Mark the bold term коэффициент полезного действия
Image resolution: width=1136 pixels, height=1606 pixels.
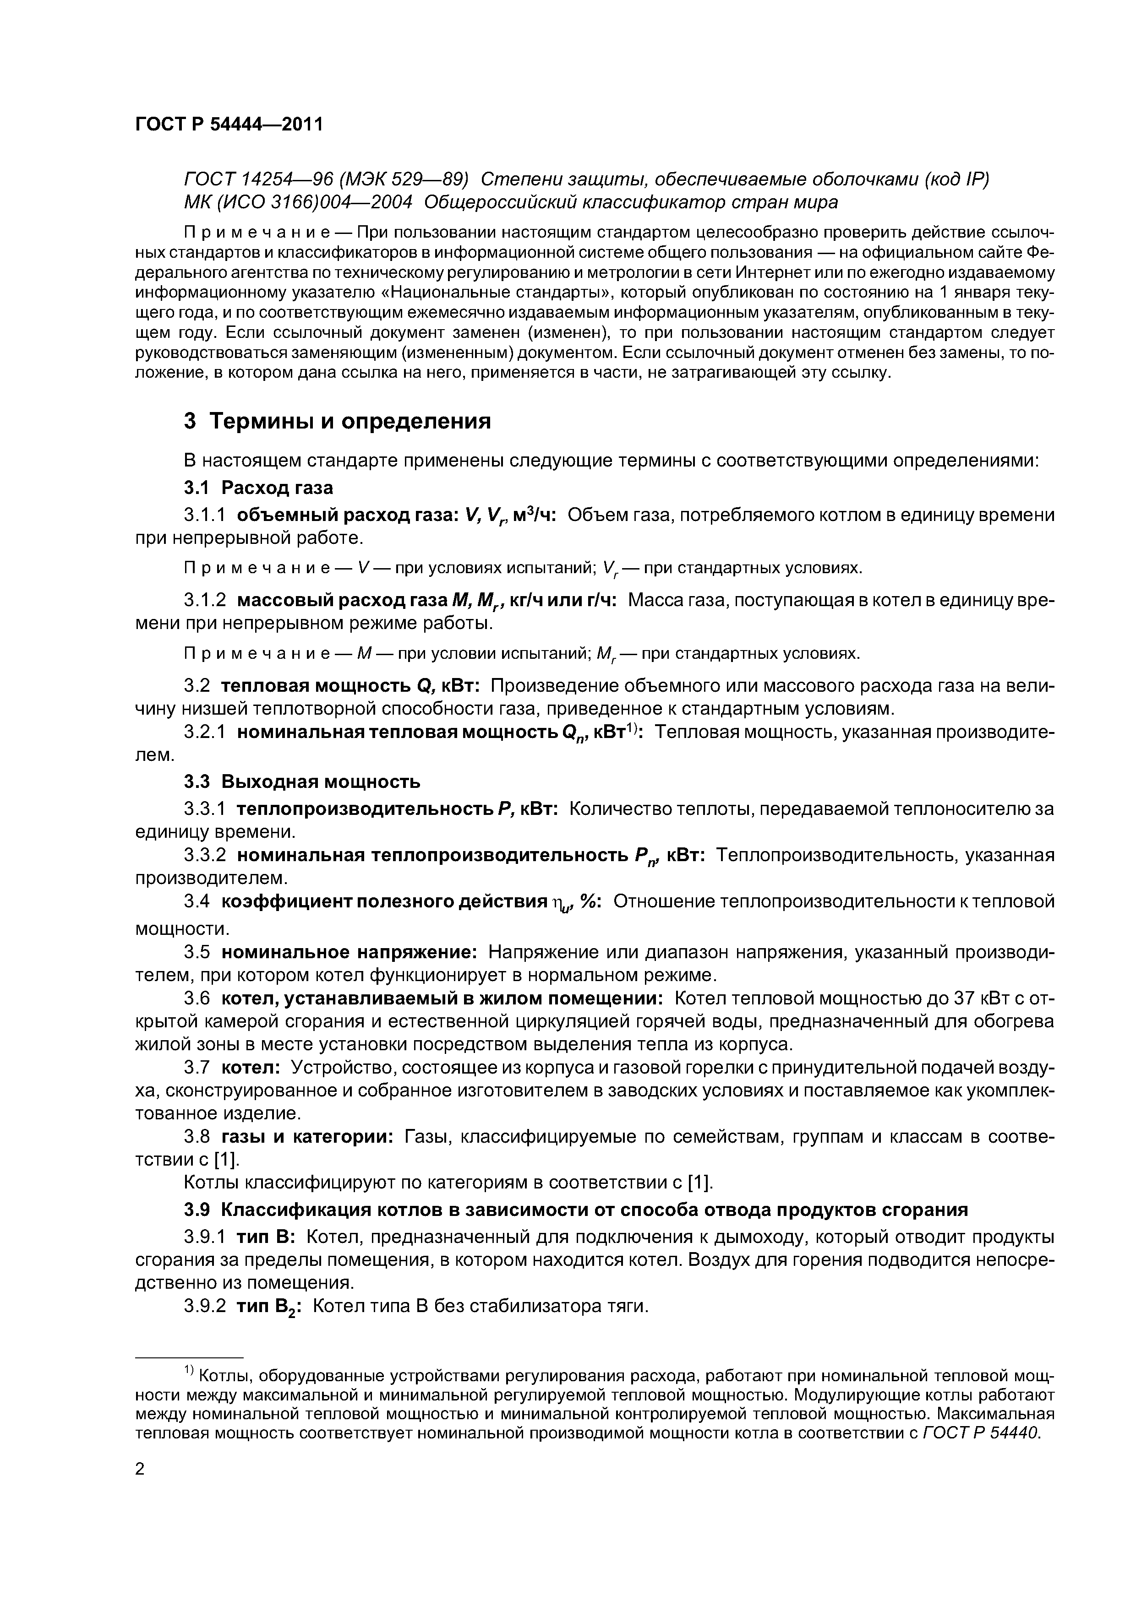coord(382,902)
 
